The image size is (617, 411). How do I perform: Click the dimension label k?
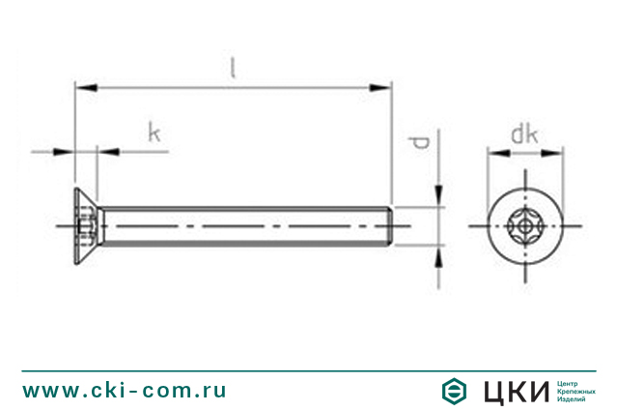(x=154, y=132)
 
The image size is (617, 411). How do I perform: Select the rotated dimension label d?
(x=419, y=144)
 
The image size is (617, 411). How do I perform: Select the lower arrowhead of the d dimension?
(x=440, y=257)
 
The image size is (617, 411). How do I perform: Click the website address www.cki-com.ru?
(x=125, y=390)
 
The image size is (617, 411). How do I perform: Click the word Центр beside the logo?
(x=570, y=383)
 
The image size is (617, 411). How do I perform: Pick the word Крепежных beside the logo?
(x=576, y=391)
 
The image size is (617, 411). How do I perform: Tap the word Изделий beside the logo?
(x=573, y=399)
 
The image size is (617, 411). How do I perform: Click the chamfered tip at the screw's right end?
(x=389, y=227)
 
